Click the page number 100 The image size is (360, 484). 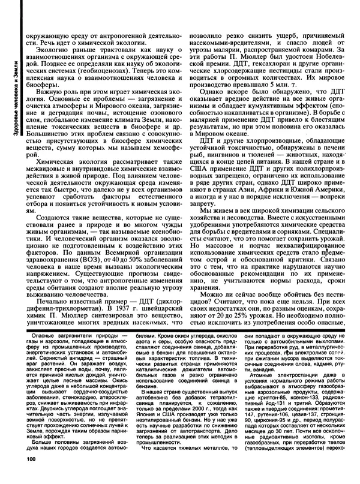pyautogui.click(x=31, y=476)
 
